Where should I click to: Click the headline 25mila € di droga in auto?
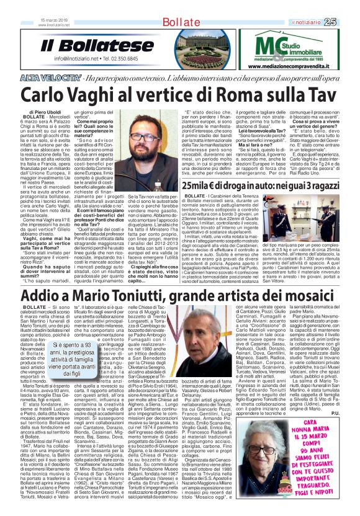(x=272, y=186)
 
